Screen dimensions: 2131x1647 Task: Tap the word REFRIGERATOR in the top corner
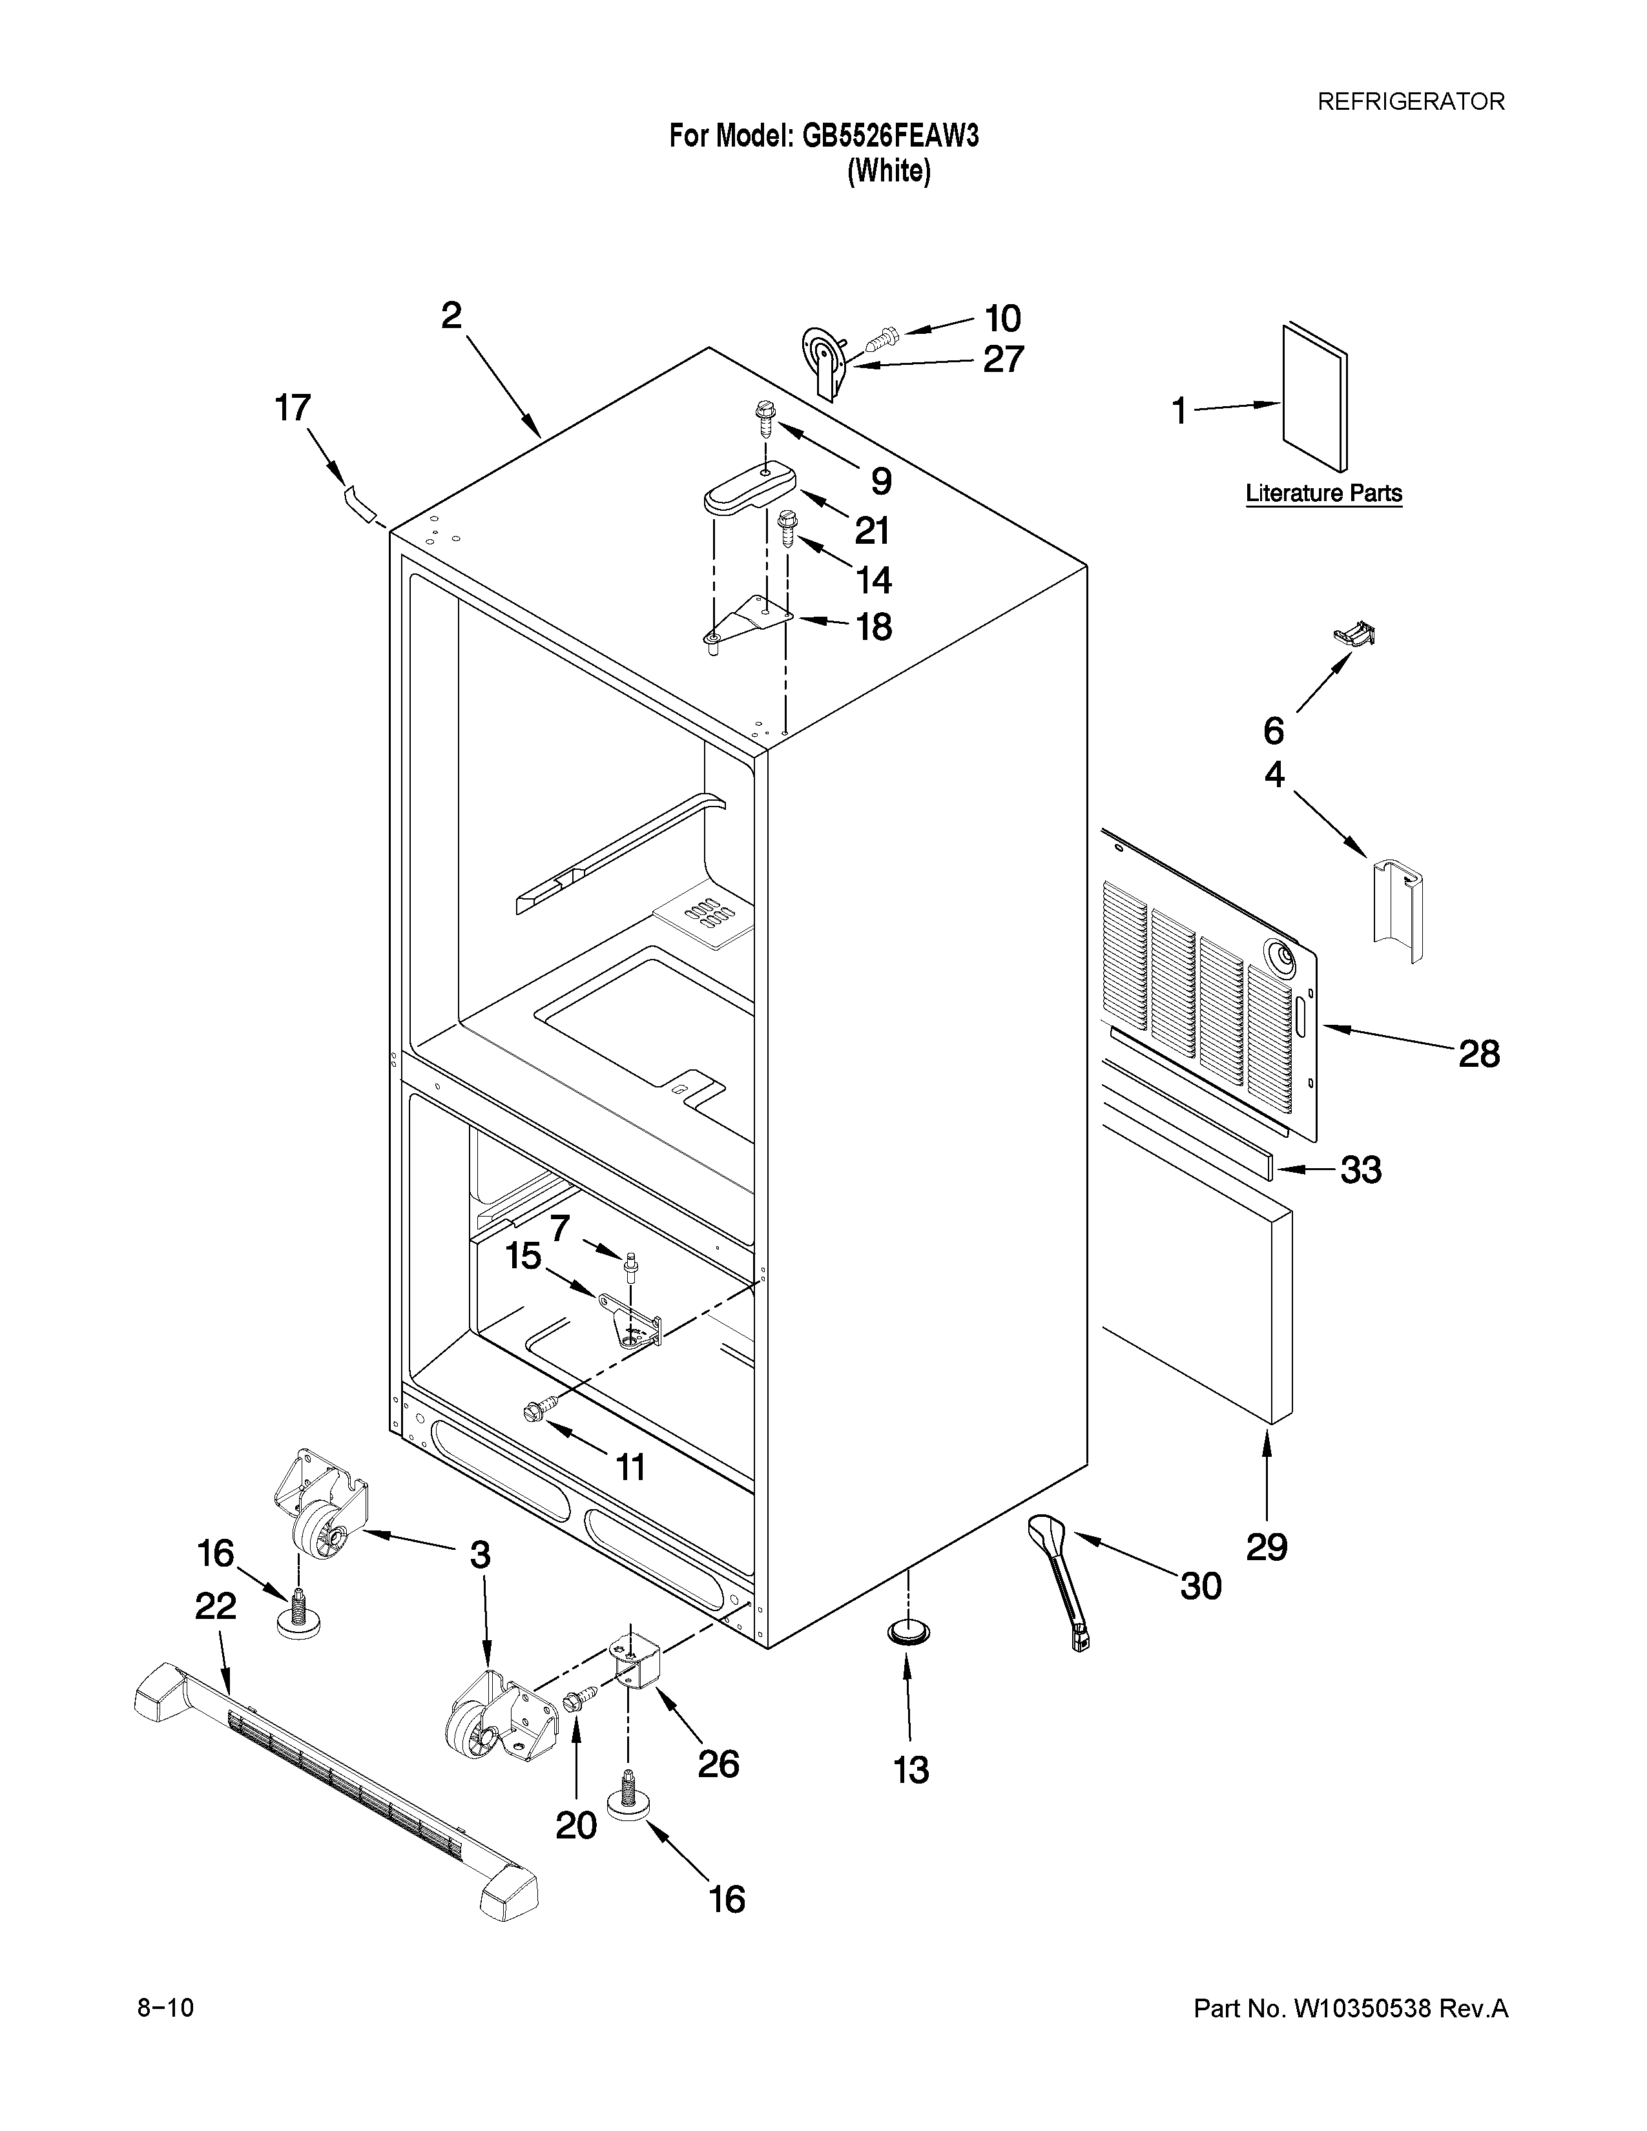tap(1411, 101)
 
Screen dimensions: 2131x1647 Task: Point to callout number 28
tap(1478, 1054)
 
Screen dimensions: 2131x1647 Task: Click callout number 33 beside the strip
tap(1360, 1169)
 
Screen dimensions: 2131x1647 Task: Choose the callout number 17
tap(293, 408)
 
